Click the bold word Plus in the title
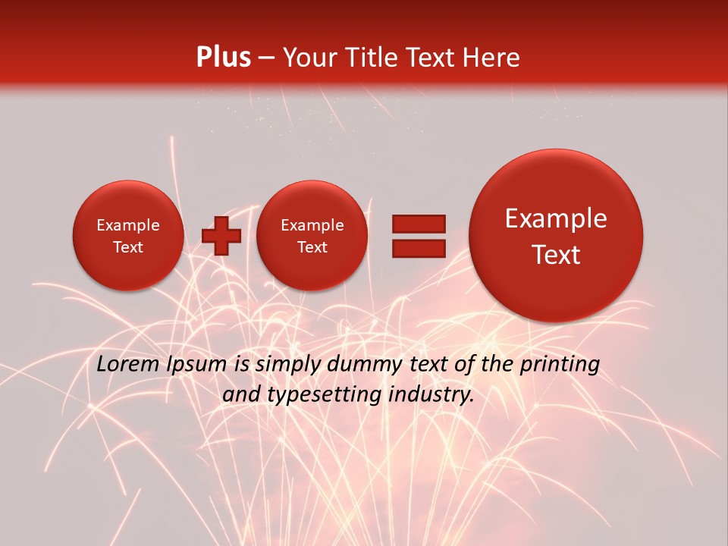[x=223, y=58]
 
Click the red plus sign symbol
[x=221, y=236]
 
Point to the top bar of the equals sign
[x=418, y=224]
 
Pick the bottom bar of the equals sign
[x=418, y=248]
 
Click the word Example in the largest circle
[x=556, y=218]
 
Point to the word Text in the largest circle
[x=556, y=255]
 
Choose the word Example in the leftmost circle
[x=127, y=225]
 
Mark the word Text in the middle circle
[x=312, y=247]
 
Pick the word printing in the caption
[x=559, y=365]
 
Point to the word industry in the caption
[x=434, y=394]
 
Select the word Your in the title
[x=309, y=58]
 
